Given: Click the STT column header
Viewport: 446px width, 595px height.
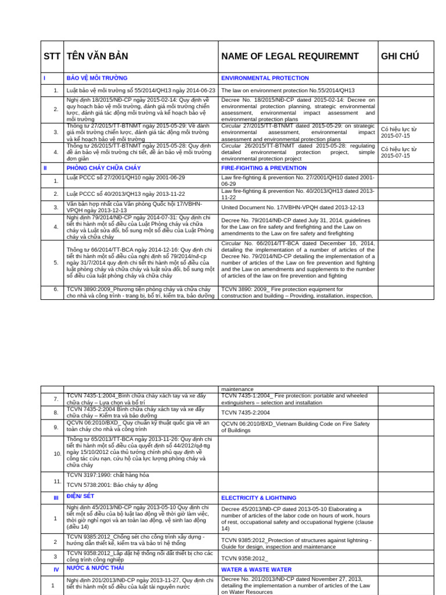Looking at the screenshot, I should [x=52, y=56].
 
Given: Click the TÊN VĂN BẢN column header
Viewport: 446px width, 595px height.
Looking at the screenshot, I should [x=98, y=56].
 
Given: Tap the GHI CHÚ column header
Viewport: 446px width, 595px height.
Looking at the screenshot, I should [x=400, y=56].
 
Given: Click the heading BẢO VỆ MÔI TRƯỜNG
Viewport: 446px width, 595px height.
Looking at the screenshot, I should [x=97, y=78].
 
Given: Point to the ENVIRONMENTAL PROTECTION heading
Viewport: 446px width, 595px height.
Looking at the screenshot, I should [x=265, y=78].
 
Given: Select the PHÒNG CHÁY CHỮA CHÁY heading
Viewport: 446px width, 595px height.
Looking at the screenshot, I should [x=103, y=168].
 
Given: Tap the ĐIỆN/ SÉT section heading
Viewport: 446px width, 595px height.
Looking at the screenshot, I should [x=80, y=497].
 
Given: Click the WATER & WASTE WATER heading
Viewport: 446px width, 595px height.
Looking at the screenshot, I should [x=256, y=569].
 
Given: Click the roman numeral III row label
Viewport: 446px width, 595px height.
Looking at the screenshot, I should [x=56, y=498].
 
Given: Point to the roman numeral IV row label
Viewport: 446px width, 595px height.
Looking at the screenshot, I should [x=56, y=569].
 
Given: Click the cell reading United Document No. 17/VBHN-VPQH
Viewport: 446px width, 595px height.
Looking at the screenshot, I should [x=293, y=207].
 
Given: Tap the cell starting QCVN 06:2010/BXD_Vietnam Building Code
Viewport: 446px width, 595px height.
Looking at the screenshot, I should [x=296, y=427].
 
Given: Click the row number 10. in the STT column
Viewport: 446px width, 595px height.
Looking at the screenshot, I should [x=57, y=453].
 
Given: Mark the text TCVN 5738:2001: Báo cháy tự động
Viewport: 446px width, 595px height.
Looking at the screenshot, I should [x=112, y=485].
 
